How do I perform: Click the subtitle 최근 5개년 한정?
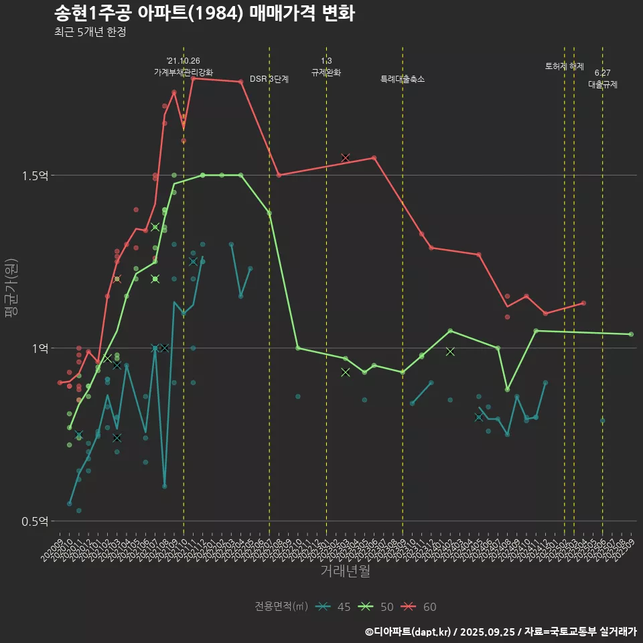[x=90, y=31]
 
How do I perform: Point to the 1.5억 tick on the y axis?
[x=35, y=175]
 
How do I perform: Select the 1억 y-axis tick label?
[x=40, y=348]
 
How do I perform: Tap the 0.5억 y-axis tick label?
[x=35, y=521]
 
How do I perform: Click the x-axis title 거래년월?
[x=345, y=571]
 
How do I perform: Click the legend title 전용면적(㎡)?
[x=281, y=607]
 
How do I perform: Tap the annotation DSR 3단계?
[x=269, y=79]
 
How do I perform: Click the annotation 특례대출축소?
[x=403, y=79]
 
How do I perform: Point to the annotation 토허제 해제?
[x=565, y=66]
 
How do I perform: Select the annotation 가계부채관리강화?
[x=184, y=72]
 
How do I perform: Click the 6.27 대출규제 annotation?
[x=603, y=79]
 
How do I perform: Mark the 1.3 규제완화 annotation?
[x=326, y=67]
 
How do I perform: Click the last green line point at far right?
[x=631, y=334]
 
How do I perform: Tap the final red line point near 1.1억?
[x=583, y=303]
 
